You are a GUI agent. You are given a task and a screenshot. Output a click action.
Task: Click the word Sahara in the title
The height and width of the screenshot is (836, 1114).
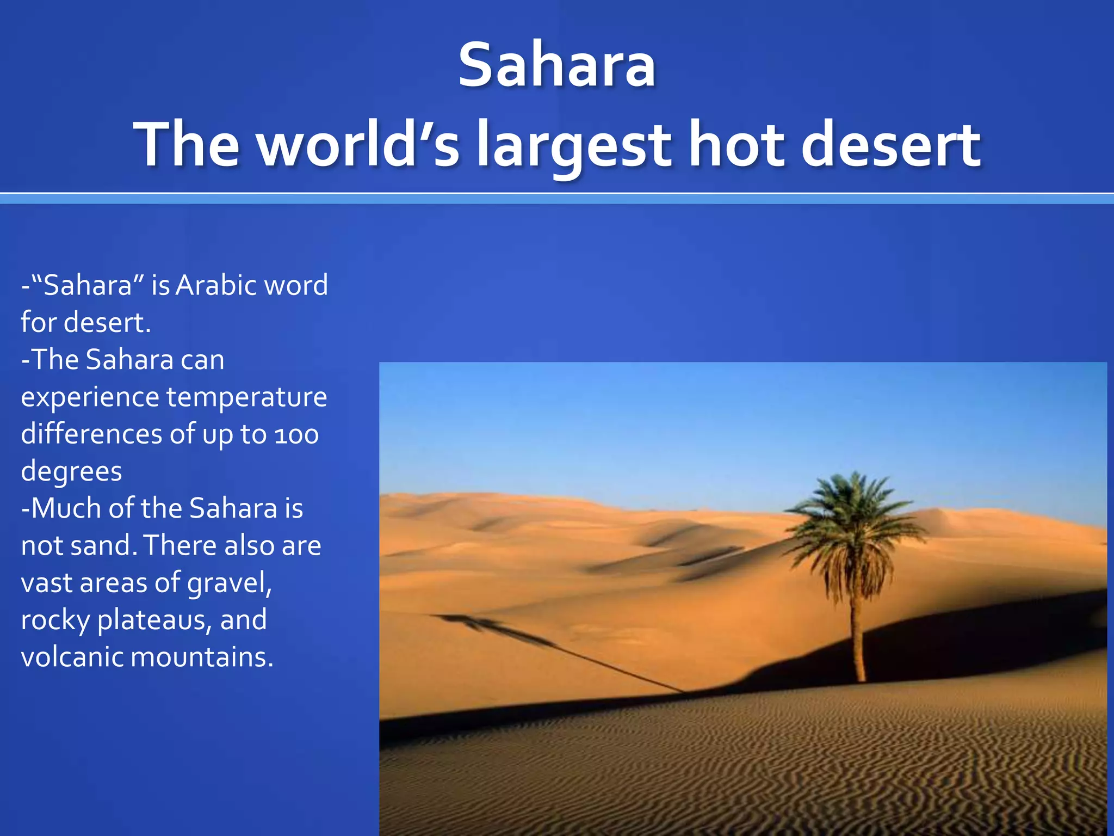pos(557,65)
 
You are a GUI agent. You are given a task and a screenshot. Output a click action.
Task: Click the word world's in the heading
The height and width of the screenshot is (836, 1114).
pos(359,145)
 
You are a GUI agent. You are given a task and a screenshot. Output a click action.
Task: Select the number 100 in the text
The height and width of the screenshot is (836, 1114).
pos(296,435)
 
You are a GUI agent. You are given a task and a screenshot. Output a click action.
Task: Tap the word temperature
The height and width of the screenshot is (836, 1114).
pos(246,397)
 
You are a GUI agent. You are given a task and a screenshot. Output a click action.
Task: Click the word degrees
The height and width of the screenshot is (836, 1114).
pos(71,472)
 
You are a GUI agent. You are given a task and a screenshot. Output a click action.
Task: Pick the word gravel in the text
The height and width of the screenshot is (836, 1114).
pos(229,583)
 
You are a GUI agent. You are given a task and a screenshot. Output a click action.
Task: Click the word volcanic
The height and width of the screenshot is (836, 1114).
pos(72,657)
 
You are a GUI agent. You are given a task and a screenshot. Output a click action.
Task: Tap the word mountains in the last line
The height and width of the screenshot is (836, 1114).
pos(202,657)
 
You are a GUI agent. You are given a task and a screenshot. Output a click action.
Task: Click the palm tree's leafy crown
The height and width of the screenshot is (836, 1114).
pos(856,517)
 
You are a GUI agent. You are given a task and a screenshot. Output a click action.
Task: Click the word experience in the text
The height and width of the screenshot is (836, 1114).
pos(90,398)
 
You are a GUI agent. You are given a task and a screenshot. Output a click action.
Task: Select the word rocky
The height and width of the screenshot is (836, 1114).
pos(55,620)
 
